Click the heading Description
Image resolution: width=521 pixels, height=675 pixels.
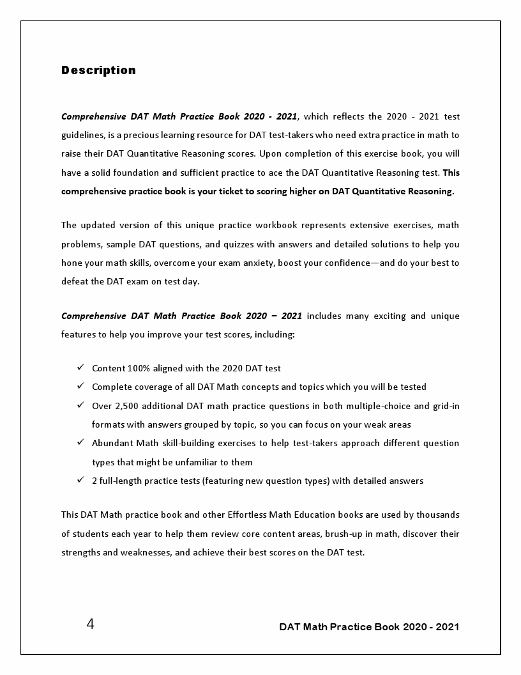pos(98,70)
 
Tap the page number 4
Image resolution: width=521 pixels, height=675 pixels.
pos(90,625)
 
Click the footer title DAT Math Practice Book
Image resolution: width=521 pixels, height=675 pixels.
pos(368,626)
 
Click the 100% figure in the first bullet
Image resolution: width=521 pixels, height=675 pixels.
pos(139,368)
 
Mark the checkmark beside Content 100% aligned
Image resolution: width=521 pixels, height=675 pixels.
pos(80,368)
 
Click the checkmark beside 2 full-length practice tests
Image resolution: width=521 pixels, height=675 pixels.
pos(80,480)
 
